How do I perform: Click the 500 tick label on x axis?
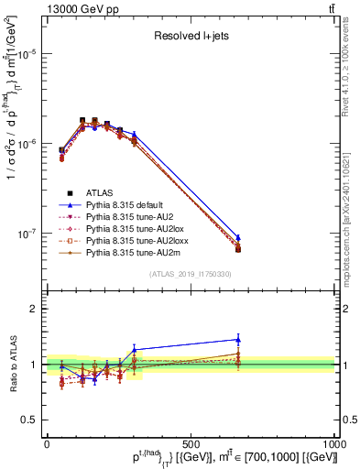[191, 443]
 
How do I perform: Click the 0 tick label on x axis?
[47, 443]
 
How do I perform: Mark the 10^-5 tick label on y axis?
[27, 54]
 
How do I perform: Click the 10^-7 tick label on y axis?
[27, 234]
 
